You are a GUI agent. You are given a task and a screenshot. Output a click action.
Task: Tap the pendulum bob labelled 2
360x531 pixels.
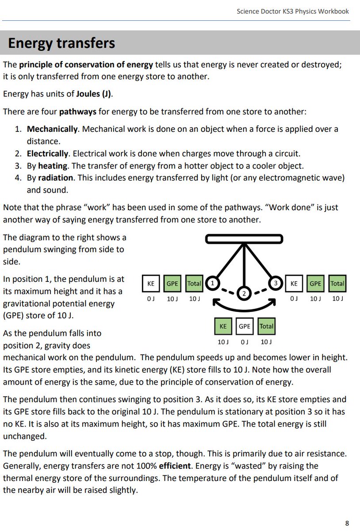244,293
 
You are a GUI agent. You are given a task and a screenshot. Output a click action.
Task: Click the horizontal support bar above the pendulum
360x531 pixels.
244,239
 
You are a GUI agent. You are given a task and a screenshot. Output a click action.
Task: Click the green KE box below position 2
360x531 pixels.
223,327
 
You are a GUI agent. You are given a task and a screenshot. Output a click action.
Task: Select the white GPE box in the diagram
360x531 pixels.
245,327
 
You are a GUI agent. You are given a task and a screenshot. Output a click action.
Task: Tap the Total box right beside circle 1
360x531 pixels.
194,283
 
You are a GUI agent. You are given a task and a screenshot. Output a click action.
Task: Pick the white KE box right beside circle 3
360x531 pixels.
294,283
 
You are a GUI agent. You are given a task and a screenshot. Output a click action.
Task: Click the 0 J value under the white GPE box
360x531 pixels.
245,342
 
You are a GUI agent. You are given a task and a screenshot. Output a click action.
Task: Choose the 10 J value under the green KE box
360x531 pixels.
223,342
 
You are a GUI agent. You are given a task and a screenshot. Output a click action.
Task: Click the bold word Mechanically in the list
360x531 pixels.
52,129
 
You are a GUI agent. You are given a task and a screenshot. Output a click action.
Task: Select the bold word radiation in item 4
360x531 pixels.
55,178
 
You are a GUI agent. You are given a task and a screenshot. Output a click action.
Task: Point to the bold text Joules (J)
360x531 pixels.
93,94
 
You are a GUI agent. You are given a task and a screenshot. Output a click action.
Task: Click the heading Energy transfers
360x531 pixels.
61,43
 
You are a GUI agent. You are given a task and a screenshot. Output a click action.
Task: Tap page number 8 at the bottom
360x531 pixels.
347,523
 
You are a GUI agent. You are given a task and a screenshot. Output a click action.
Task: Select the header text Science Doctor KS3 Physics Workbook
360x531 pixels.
293,11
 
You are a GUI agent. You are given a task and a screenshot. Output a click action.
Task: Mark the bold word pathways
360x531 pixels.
78,112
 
